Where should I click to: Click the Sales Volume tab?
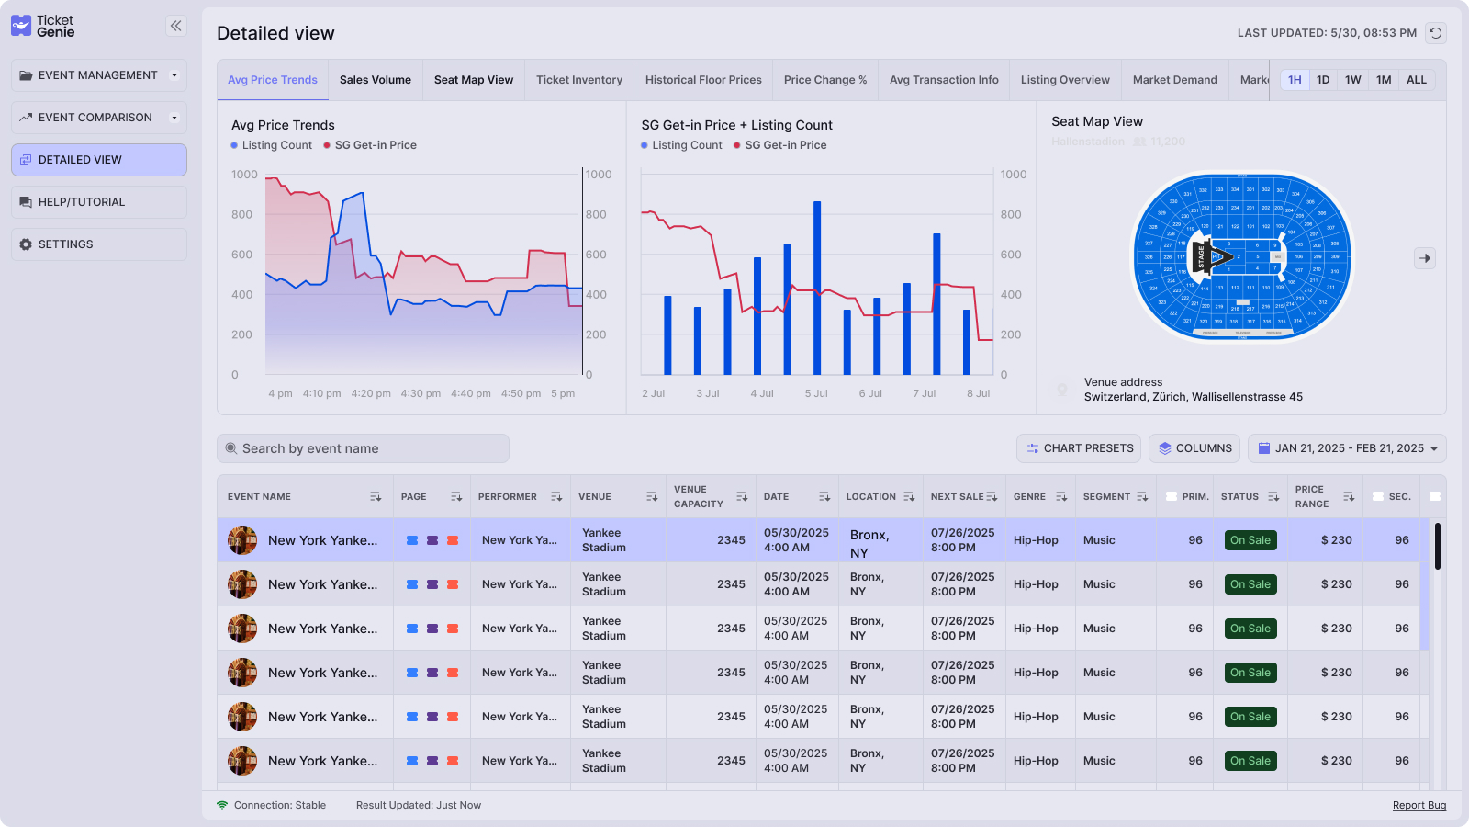point(375,80)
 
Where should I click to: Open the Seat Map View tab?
point(473,80)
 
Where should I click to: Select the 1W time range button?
point(1352,80)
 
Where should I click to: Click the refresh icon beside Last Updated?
point(1435,33)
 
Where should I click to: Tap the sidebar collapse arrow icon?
point(176,26)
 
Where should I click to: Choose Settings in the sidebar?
point(99,244)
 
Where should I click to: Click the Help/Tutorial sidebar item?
point(99,202)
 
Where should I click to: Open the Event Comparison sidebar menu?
point(99,118)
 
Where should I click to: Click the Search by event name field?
point(363,448)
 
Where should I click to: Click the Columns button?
point(1194,448)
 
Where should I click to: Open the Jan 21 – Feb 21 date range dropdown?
point(1346,448)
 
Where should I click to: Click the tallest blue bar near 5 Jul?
point(817,287)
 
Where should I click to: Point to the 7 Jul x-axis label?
point(924,393)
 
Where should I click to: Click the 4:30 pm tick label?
point(420,393)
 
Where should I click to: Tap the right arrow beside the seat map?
point(1424,258)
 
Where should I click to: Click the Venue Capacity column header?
point(698,496)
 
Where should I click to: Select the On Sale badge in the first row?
point(1250,540)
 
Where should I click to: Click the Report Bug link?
point(1419,805)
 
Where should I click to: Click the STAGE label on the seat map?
point(1201,257)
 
